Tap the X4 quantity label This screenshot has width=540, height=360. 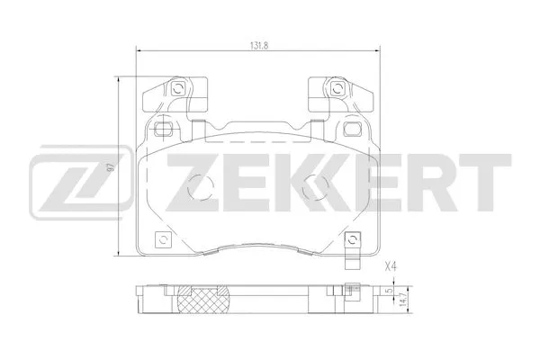(x=391, y=265)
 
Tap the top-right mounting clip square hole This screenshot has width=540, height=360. (x=334, y=88)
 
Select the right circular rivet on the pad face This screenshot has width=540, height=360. (x=314, y=188)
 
